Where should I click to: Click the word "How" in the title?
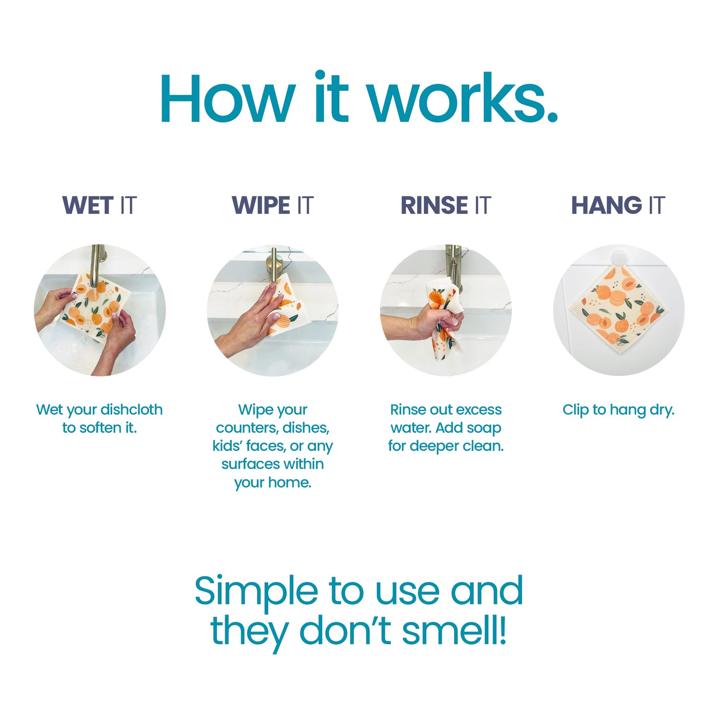pos(228,98)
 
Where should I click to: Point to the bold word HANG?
pos(607,205)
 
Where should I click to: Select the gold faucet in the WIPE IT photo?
pos(273,268)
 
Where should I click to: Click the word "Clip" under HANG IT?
pos(575,410)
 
